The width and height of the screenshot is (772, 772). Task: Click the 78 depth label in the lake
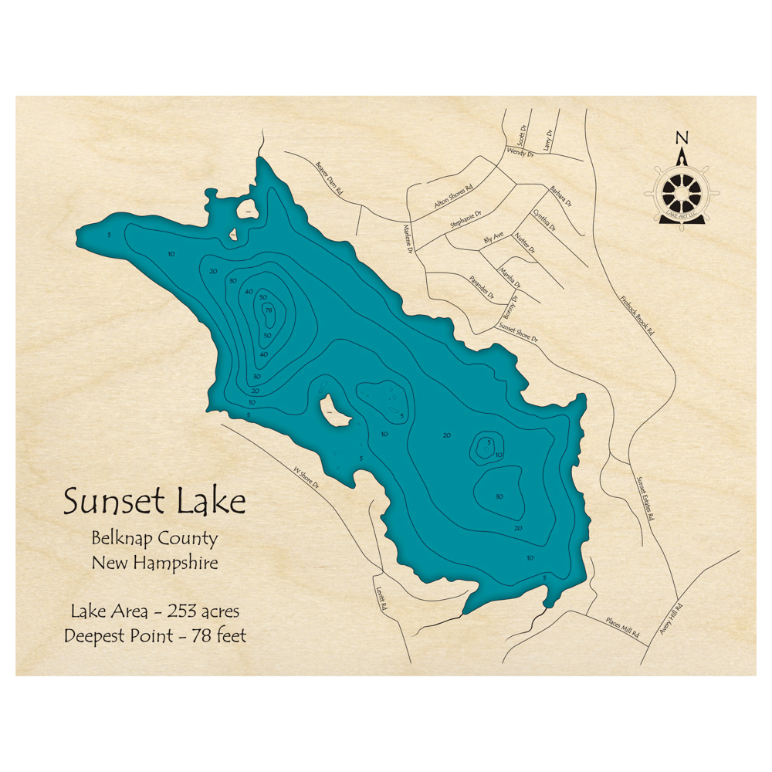(268, 310)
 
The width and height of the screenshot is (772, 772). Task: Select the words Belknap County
(154, 539)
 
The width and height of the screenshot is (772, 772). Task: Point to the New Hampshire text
(154, 563)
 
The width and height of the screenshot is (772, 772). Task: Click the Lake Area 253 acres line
(154, 611)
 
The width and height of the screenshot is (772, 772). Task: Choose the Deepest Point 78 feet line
(154, 635)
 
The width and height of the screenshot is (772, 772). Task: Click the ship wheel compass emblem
(681, 193)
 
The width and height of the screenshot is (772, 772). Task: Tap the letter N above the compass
(681, 138)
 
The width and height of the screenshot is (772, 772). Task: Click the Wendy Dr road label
(520, 153)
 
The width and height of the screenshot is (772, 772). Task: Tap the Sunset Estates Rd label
(645, 498)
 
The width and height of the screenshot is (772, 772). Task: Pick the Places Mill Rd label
(622, 626)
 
